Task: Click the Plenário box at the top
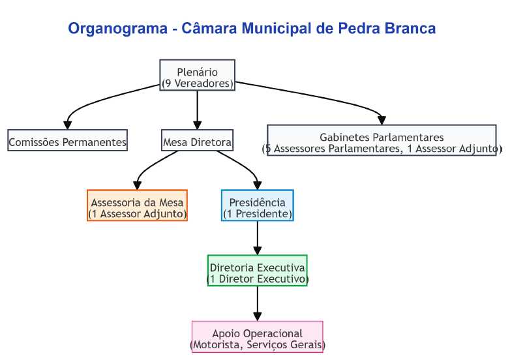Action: pos(197,75)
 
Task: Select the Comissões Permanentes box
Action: pos(68,140)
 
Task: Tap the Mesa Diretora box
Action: pos(197,140)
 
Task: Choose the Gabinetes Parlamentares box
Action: pos(382,140)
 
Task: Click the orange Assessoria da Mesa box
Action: pos(137,205)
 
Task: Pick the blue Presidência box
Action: pos(257,205)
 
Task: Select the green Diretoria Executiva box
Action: pos(257,271)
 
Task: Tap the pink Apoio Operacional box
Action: pos(257,337)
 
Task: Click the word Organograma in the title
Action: pos(118,29)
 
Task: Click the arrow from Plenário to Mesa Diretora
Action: pos(197,110)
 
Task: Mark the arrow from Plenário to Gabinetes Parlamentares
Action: pos(312,95)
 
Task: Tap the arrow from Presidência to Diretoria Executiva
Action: pos(257,238)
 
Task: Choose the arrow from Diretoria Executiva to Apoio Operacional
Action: pos(257,303)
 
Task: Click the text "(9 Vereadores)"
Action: pos(198,83)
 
